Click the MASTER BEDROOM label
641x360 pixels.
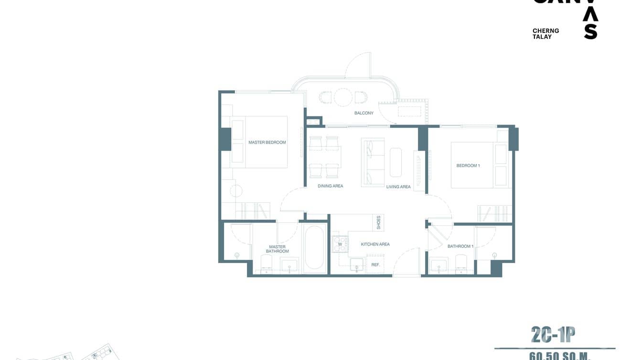267,142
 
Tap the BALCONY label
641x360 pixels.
364,113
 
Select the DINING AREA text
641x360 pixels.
331,186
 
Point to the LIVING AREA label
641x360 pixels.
398,187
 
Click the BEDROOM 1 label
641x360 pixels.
468,166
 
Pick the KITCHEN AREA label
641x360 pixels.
375,244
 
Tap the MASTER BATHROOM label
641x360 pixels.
278,249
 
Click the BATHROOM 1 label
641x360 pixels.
460,246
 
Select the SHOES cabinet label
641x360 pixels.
379,222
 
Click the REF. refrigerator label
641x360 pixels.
375,265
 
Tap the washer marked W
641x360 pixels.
340,244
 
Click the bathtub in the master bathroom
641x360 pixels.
315,248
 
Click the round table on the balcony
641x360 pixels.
343,97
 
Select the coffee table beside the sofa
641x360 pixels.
396,162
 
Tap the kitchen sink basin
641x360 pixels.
356,265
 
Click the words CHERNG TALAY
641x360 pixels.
545,33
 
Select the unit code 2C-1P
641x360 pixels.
553,335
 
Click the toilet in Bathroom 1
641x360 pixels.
461,263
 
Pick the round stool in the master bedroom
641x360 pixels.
236,191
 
